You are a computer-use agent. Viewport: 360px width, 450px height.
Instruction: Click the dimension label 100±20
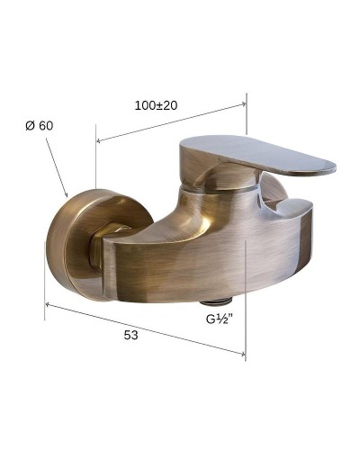tap(156, 105)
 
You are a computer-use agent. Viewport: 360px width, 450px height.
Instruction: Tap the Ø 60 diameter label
tap(40, 126)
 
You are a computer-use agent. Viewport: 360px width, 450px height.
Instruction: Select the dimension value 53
tap(131, 335)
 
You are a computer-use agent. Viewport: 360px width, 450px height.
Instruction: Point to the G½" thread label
tap(220, 319)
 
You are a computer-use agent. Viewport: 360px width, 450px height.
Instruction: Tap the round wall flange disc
tap(90, 241)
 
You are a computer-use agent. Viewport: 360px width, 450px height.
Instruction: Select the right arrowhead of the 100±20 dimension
tap(244, 103)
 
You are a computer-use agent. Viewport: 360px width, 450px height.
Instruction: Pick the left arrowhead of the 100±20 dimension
tap(99, 140)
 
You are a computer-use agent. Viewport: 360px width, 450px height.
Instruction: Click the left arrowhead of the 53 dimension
tap(48, 305)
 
